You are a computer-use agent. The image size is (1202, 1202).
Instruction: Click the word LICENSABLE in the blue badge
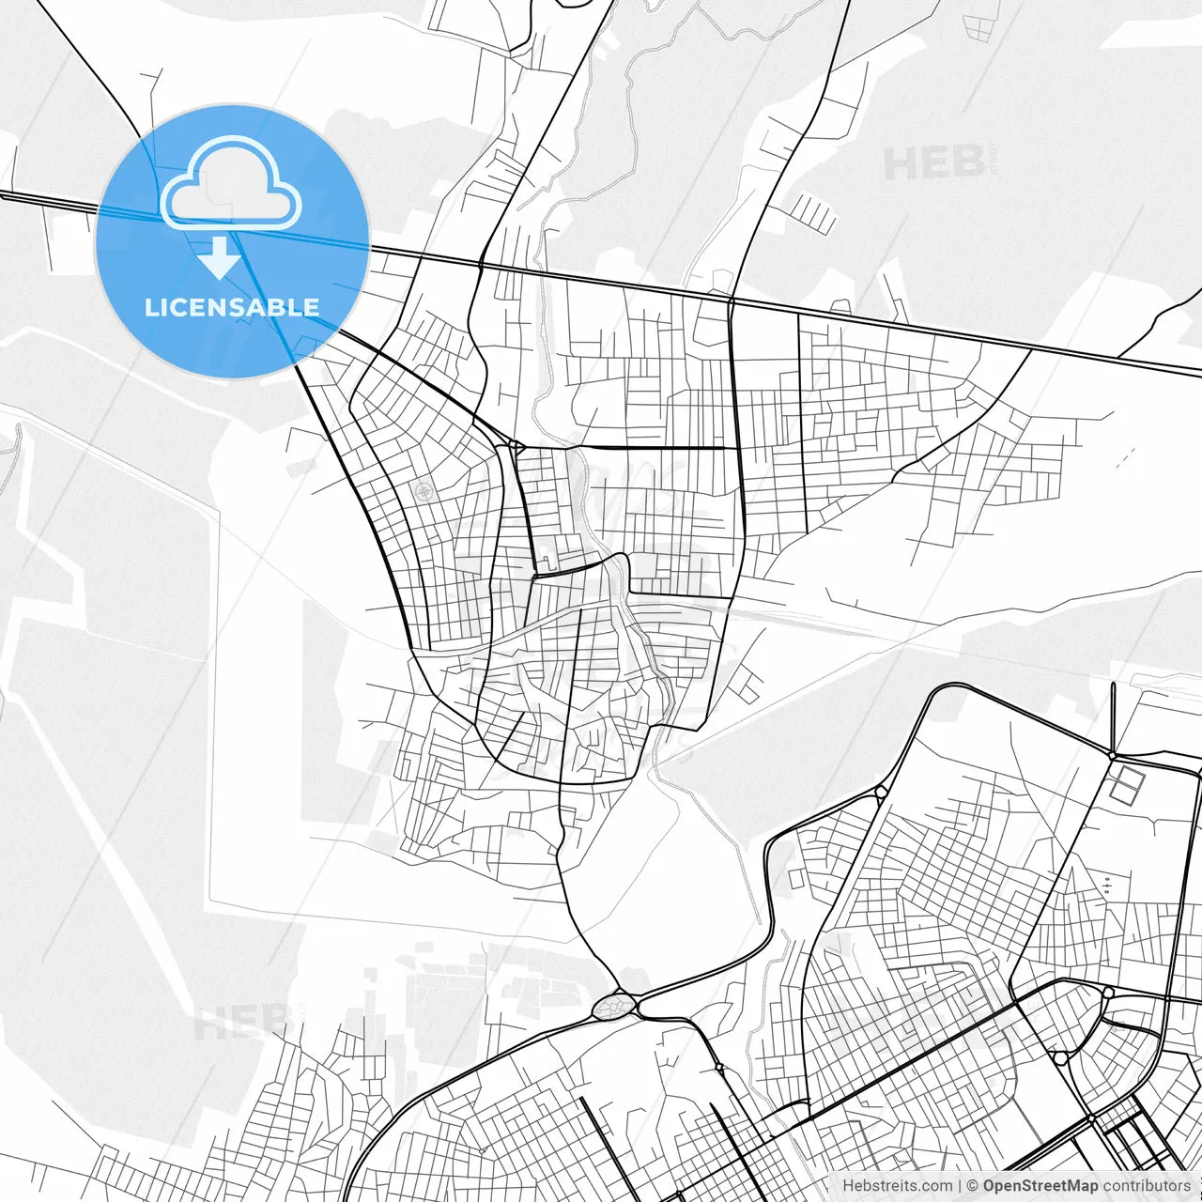point(231,307)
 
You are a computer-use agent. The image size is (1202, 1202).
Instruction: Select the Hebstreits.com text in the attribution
point(897,1186)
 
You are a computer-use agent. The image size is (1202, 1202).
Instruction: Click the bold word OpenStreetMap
point(1040,1186)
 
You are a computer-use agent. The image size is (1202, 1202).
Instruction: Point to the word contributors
point(1147,1186)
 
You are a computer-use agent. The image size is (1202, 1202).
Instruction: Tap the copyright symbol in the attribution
point(973,1186)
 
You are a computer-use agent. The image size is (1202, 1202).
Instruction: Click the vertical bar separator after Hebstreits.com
point(960,1186)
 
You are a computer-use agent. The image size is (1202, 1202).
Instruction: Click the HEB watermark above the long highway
point(934,163)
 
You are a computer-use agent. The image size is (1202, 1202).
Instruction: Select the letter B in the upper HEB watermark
point(966,163)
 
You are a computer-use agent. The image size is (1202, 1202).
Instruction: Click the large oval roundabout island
point(614,1006)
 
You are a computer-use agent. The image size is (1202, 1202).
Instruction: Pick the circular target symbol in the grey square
point(424,489)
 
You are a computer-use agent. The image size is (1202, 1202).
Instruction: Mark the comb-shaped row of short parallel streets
point(813,213)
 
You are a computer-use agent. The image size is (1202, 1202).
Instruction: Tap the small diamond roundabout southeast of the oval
point(718,1067)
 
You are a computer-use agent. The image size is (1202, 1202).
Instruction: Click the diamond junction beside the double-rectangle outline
point(1112,754)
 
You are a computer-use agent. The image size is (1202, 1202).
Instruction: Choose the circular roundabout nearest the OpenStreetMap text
point(1061,1057)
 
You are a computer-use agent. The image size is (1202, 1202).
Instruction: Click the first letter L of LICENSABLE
point(150,307)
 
